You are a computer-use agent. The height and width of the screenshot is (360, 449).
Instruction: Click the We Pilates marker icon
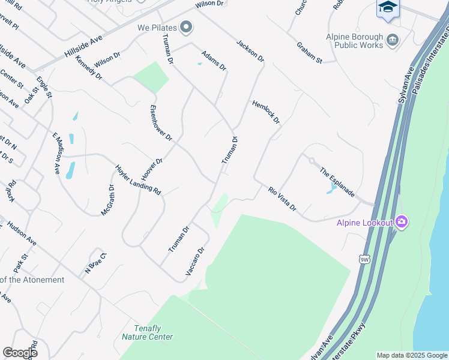coord(187,27)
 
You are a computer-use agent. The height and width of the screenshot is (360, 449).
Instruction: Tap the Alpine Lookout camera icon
coord(402,223)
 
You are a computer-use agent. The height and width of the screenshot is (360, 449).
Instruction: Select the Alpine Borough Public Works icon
coord(393,40)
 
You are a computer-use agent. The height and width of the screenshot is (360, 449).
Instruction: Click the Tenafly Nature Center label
coord(147,332)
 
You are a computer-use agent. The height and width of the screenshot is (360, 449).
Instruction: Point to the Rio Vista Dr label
coord(282,199)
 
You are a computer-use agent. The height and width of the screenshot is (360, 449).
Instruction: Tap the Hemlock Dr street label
coord(266,112)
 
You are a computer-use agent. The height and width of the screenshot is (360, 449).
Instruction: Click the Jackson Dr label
coord(250,50)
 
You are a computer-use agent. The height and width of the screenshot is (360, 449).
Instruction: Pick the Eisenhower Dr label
coord(160,124)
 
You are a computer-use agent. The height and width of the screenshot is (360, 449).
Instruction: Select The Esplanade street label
coord(337,182)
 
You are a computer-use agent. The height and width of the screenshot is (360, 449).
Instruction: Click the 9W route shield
coord(365,259)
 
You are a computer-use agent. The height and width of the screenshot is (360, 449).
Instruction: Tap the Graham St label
coord(309,53)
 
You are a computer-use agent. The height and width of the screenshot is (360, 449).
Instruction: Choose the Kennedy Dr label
coord(89,68)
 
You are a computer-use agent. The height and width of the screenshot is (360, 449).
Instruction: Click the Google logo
coord(20,353)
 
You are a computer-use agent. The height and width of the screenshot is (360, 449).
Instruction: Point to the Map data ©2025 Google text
coord(411,355)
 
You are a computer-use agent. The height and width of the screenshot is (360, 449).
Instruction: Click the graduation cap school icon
coord(388,8)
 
